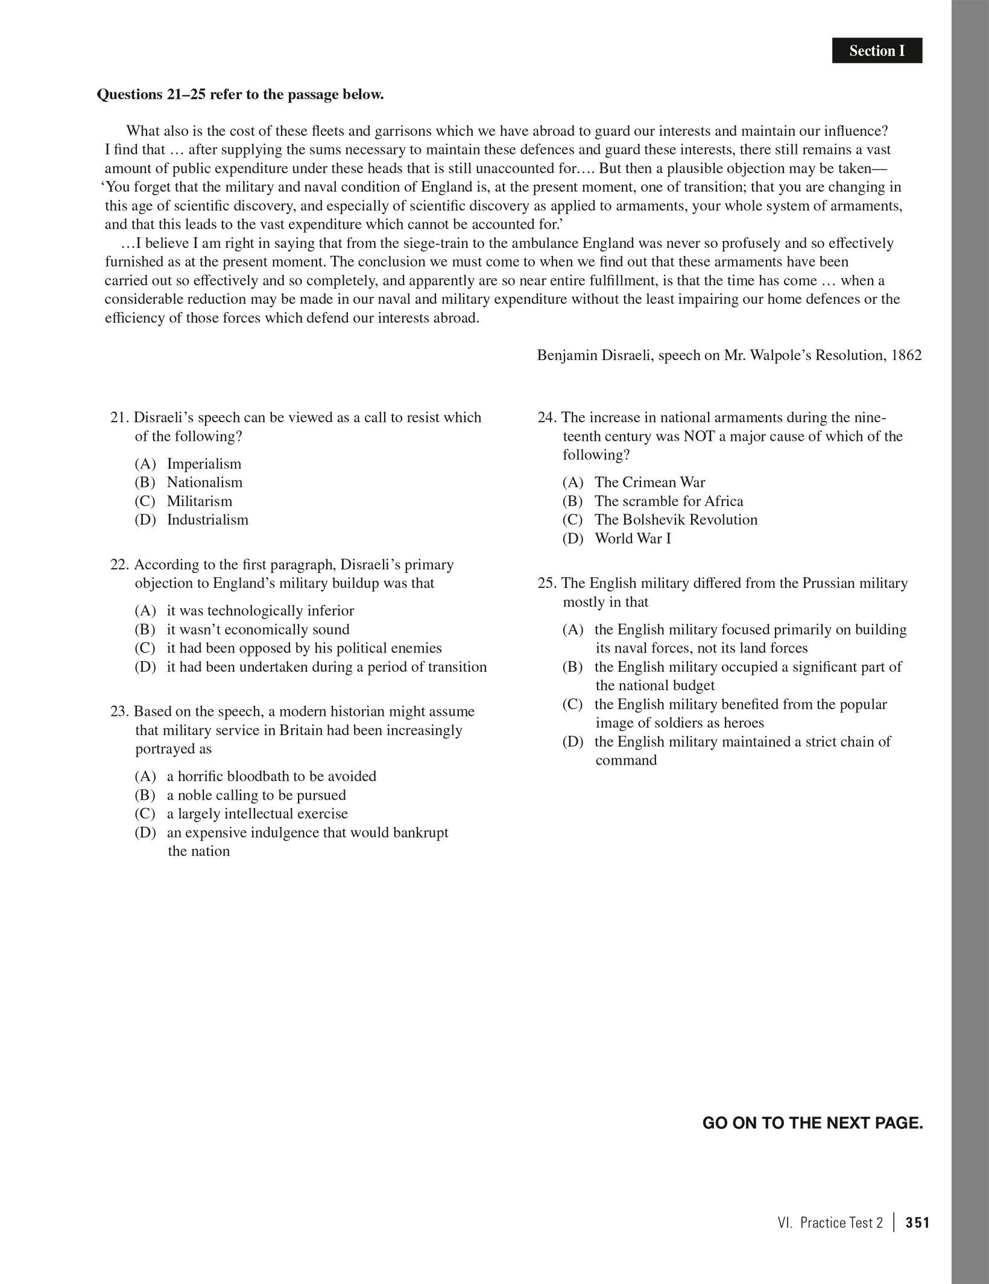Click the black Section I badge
877,51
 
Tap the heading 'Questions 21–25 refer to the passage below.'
240,95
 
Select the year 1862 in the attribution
905,355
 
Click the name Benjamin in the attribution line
566,355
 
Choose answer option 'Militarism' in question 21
199,501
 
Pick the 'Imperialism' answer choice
204,464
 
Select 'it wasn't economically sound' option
258,630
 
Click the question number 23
119,712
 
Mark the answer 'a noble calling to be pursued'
256,795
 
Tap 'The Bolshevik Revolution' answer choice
675,520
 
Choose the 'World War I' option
633,539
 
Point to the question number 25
546,583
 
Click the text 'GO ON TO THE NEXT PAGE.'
813,1124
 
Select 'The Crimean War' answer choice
649,482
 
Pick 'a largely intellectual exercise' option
258,814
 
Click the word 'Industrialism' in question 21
207,520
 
